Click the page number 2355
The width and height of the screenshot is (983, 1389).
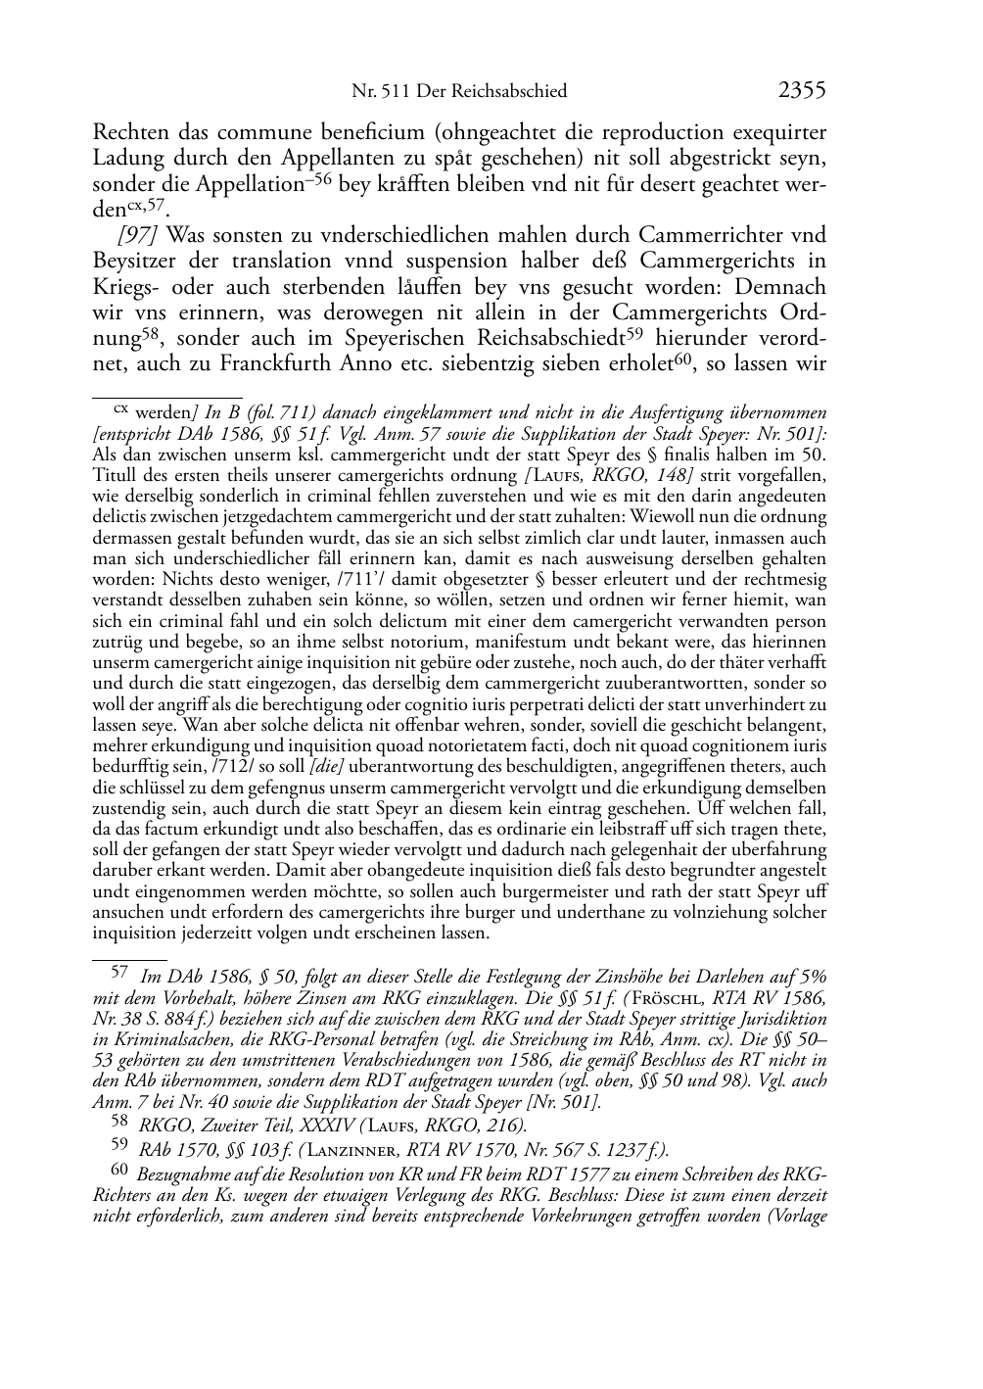click(x=802, y=91)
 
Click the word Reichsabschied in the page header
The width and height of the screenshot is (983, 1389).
click(x=515, y=92)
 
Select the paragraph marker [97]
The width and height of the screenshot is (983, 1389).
click(x=137, y=235)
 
